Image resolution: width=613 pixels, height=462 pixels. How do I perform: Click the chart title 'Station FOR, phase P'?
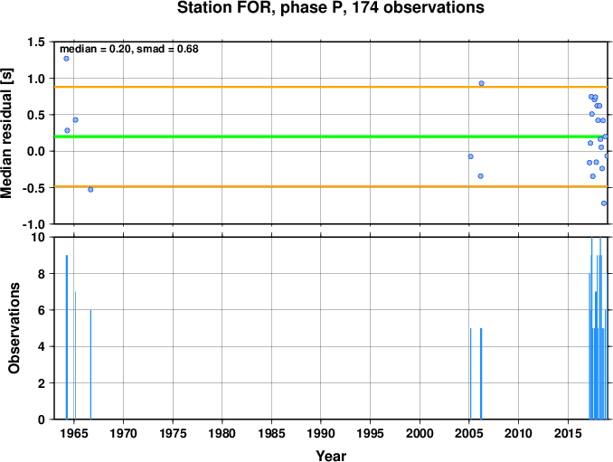tap(262, 8)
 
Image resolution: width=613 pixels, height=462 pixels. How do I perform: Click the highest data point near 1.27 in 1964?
tap(67, 59)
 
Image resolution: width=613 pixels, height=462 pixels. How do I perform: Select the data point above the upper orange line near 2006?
tap(482, 83)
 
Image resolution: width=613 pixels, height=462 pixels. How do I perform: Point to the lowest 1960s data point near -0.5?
tap(90, 190)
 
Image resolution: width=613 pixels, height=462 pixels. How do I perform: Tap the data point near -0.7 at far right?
tap(604, 203)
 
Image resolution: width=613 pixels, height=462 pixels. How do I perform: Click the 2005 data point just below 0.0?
tap(471, 156)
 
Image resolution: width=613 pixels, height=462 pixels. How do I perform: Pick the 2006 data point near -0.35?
tap(481, 176)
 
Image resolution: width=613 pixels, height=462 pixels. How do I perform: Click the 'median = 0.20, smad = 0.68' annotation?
tap(129, 49)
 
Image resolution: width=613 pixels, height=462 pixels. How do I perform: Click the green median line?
tap(331, 137)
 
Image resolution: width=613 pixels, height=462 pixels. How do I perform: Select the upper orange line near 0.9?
tap(331, 87)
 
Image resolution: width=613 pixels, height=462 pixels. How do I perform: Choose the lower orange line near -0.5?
tap(331, 186)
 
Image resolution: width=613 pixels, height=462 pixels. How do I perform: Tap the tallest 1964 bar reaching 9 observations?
tap(67, 337)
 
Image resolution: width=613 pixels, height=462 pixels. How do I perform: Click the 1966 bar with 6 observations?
tap(90, 364)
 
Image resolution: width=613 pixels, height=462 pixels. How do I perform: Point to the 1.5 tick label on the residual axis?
tap(36, 42)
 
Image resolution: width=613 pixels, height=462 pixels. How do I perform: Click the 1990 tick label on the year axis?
tap(321, 433)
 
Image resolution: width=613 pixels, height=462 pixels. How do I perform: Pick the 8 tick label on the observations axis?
tap(42, 274)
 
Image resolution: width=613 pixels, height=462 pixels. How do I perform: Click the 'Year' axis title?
tap(331, 456)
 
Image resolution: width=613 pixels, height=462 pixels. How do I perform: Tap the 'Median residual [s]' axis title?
tap(6, 133)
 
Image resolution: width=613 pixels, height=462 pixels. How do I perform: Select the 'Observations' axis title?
tap(14, 328)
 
